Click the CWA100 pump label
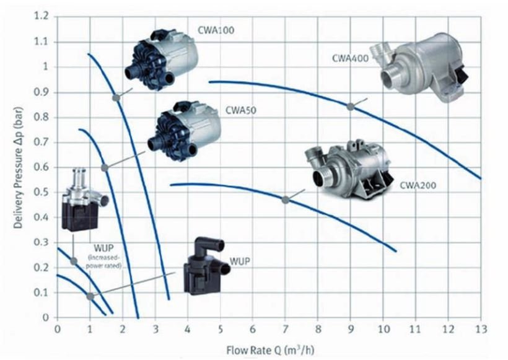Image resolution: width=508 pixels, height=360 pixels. tap(216, 30)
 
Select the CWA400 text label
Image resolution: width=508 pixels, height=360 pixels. tap(350, 58)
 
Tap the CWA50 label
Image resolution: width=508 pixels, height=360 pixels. tap(241, 110)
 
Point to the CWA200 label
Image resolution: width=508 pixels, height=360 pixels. tap(418, 185)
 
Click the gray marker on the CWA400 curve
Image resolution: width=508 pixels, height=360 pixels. tap(350, 107)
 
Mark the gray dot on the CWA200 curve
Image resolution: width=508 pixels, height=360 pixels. tap(285, 200)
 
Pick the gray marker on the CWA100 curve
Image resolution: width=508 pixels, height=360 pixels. tap(116, 97)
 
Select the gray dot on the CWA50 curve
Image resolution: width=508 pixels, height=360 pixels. tap(105, 167)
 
